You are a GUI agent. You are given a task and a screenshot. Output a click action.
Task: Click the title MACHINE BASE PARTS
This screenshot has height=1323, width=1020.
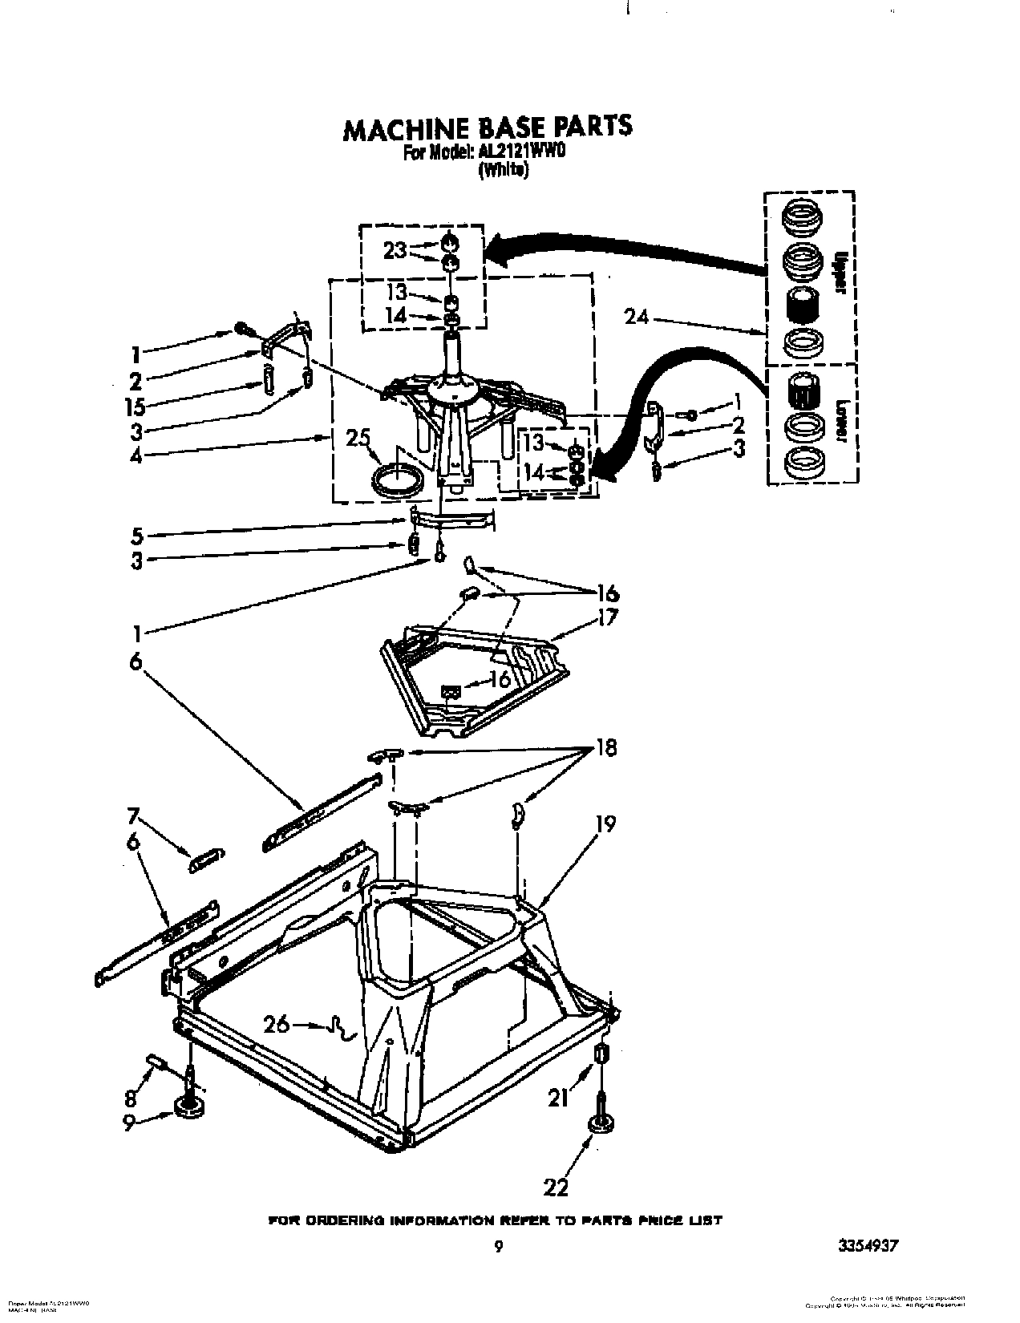click(488, 127)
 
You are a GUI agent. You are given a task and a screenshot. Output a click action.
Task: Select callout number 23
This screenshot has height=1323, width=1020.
click(395, 250)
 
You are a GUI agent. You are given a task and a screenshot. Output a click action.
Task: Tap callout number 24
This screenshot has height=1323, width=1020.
click(637, 318)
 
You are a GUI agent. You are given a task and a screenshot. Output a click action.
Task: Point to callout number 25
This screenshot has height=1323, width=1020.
click(358, 439)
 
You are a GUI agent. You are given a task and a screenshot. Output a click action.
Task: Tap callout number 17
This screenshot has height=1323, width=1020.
click(607, 618)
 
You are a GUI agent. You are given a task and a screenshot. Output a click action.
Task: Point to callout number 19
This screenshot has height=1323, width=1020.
click(605, 824)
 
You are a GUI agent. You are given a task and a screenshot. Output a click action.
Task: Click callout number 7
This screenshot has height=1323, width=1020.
click(134, 819)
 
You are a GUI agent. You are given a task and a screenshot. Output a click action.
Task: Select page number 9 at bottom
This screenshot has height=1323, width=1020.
click(499, 1245)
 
